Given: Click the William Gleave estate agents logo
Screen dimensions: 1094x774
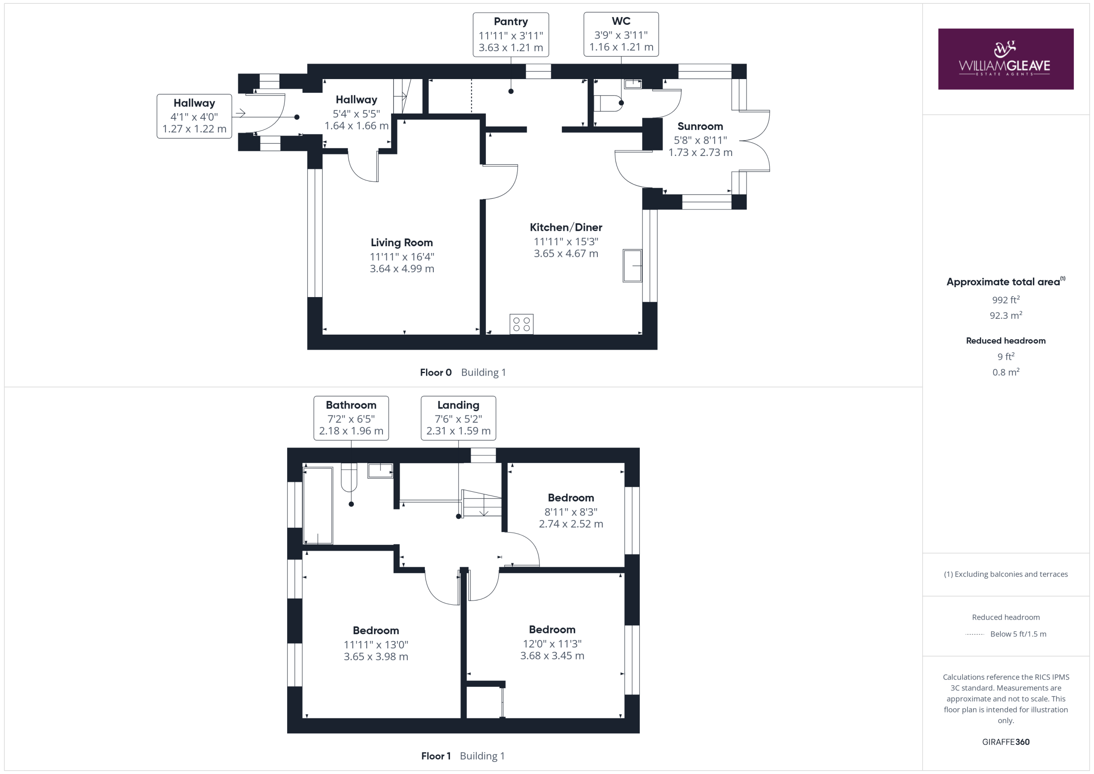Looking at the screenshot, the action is click(1006, 59).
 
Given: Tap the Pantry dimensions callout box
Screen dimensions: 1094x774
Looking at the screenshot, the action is click(511, 35).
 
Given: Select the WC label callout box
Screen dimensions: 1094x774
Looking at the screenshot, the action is click(621, 34).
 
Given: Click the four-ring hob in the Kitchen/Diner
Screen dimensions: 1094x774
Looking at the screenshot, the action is click(521, 324).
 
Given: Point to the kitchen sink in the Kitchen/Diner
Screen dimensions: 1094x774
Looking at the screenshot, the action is click(632, 265).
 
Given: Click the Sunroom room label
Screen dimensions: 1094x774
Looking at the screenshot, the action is click(700, 127).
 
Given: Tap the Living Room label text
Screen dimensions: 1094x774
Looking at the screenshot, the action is click(402, 243).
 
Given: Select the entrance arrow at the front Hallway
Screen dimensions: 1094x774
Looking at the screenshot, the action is click(240, 113).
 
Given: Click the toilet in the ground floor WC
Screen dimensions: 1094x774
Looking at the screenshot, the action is click(609, 103).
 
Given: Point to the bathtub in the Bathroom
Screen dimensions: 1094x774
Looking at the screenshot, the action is click(318, 505).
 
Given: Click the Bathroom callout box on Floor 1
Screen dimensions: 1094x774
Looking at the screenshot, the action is click(351, 418).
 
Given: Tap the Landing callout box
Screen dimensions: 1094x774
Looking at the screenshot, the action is click(459, 418).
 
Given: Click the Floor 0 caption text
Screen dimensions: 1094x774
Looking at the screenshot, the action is click(435, 373).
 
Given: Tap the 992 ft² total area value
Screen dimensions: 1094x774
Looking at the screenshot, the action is click(1006, 300).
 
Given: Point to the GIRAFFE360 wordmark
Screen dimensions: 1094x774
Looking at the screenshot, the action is click(1006, 742).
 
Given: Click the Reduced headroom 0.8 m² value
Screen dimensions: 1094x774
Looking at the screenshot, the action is click(1006, 372).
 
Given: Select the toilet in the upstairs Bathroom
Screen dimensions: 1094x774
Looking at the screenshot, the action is click(349, 477).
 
